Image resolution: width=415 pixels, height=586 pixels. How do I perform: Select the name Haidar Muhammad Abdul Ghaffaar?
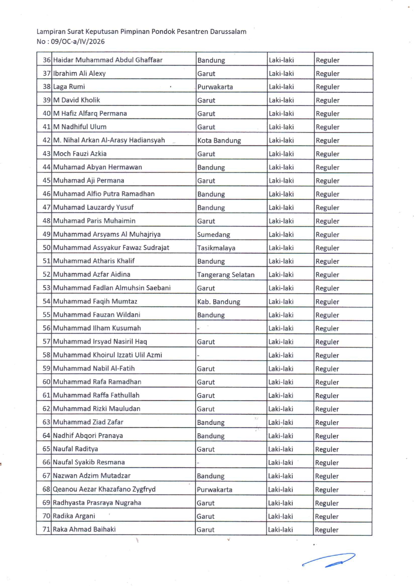108,60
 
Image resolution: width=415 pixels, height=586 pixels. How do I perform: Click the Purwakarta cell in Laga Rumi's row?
215,87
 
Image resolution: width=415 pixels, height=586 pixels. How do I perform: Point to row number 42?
46,140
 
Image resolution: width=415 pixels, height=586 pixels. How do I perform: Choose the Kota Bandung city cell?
219,141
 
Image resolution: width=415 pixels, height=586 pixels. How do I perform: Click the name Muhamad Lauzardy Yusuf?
93,208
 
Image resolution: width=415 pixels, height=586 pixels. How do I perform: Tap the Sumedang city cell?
214,235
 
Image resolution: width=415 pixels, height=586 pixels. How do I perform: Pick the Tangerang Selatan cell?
226,275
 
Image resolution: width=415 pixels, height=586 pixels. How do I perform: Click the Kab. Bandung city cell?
219,302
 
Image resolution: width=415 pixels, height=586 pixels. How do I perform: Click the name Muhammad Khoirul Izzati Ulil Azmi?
107,355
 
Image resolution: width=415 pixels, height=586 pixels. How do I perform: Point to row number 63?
46,422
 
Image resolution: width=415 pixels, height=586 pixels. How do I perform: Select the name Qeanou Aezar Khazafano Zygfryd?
104,489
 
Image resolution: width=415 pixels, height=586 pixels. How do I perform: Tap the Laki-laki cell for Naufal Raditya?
280,449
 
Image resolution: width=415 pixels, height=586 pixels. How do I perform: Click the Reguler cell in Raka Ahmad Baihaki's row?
327,530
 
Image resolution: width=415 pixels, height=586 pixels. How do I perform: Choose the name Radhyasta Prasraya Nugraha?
97,503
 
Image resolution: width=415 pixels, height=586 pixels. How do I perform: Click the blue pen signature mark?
329,560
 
